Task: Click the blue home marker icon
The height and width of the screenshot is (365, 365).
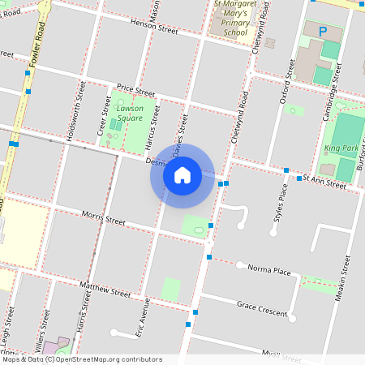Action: [x=182, y=174]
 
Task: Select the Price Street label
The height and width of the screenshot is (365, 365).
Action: [x=135, y=89]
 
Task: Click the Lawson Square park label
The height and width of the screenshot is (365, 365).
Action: [x=130, y=113]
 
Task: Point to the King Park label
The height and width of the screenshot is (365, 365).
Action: [x=341, y=148]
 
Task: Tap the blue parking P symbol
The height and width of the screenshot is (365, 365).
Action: [x=322, y=32]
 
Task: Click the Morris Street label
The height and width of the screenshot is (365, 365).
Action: [x=104, y=217]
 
